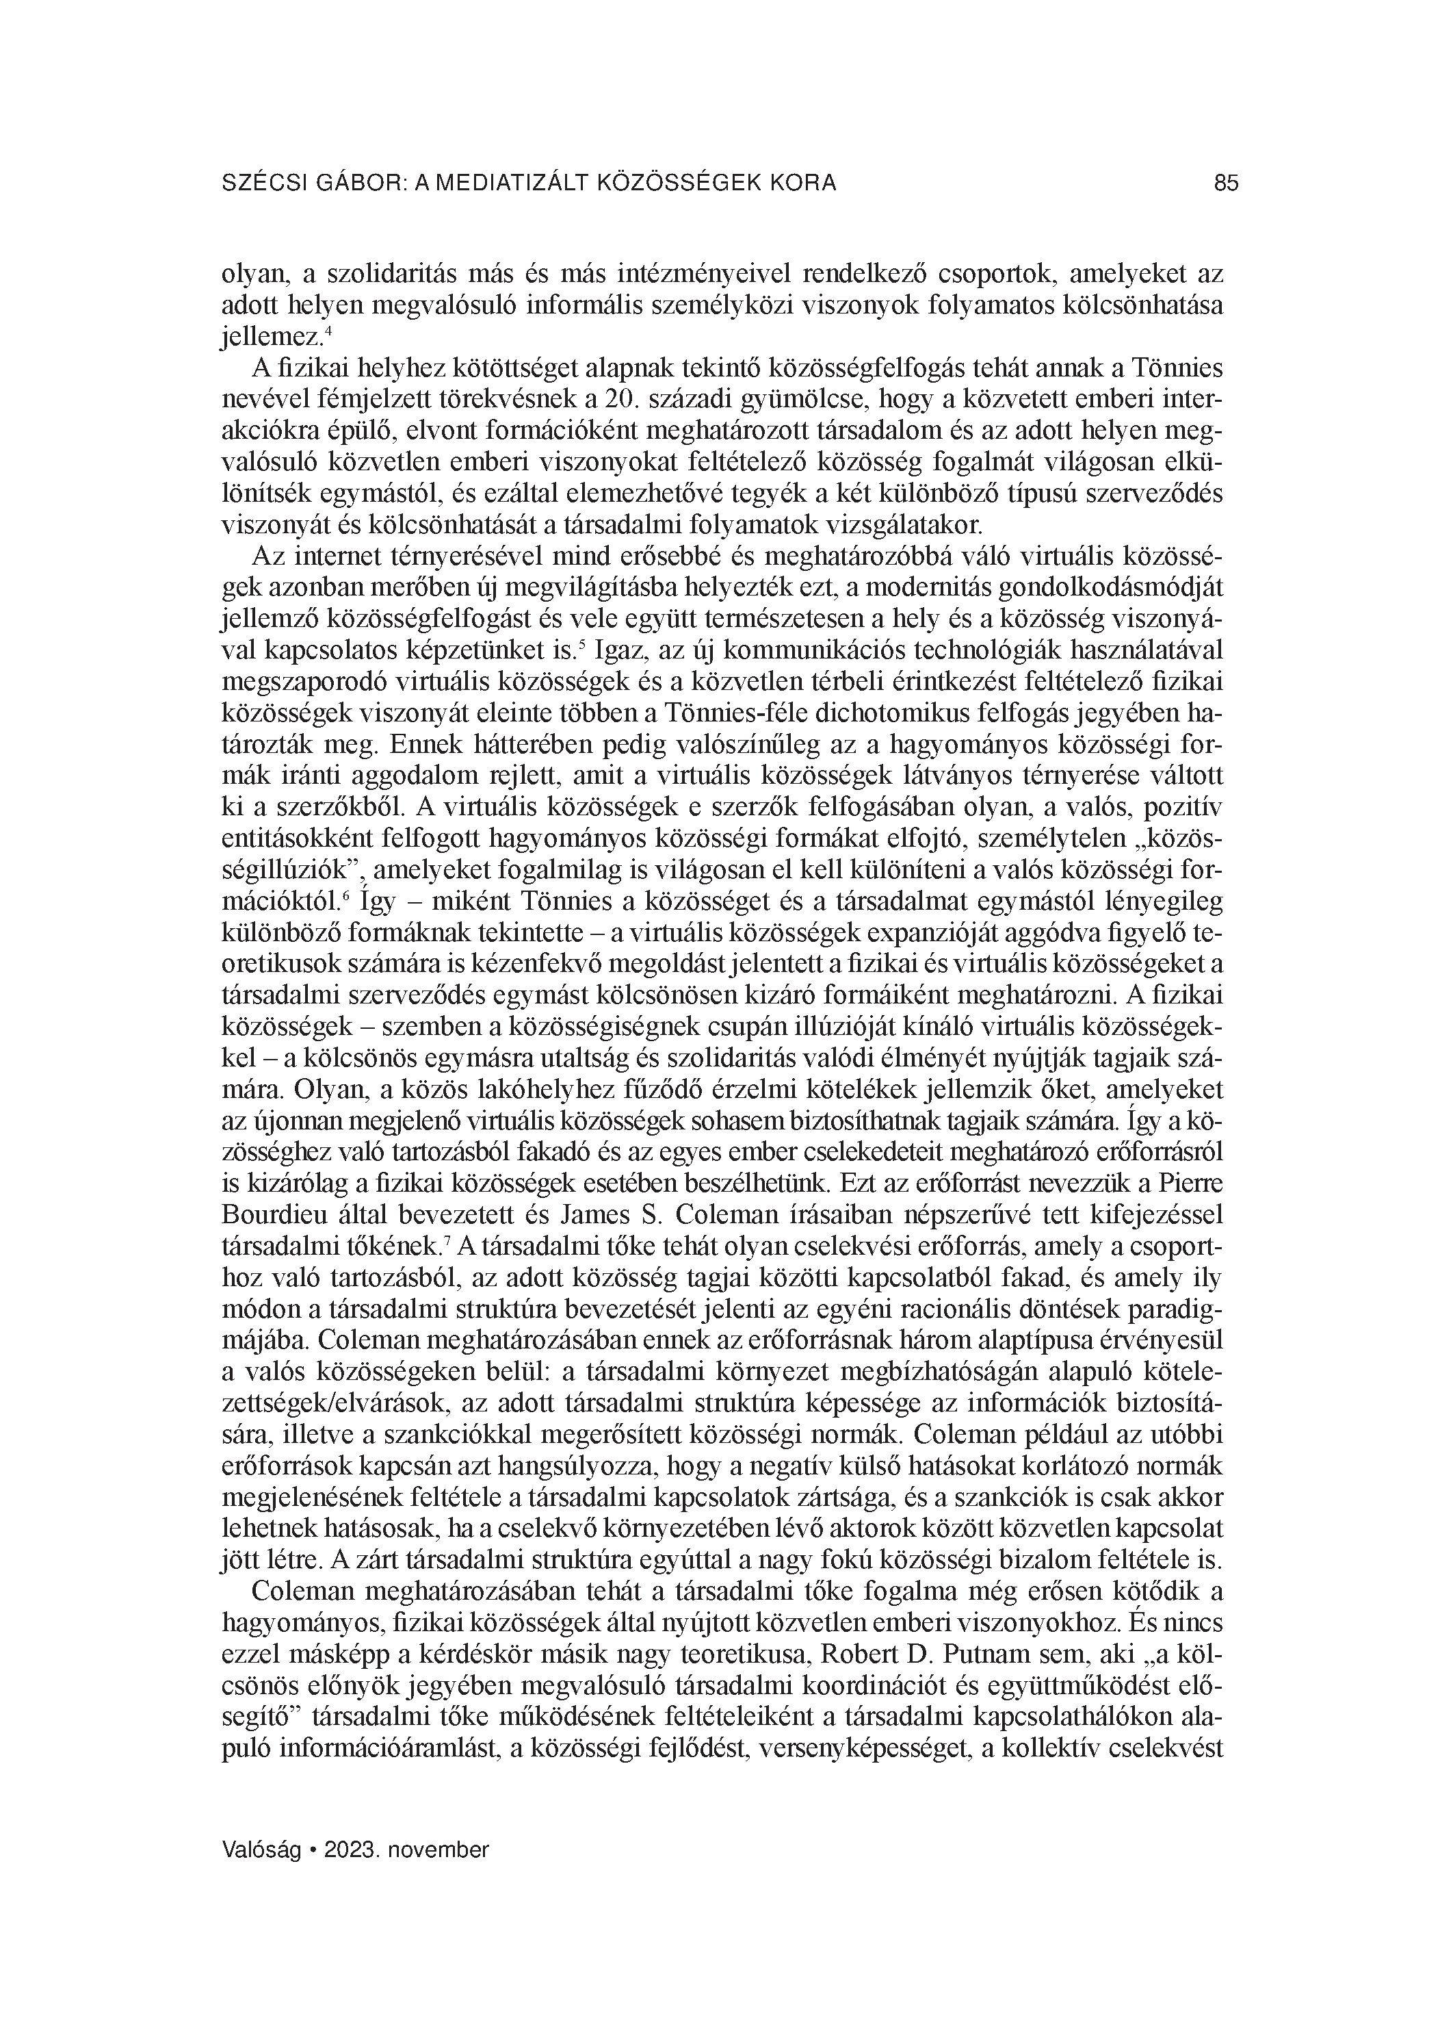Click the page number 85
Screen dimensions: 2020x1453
pyautogui.click(x=1226, y=183)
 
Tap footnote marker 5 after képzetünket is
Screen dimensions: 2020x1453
pyautogui.click(x=581, y=644)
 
